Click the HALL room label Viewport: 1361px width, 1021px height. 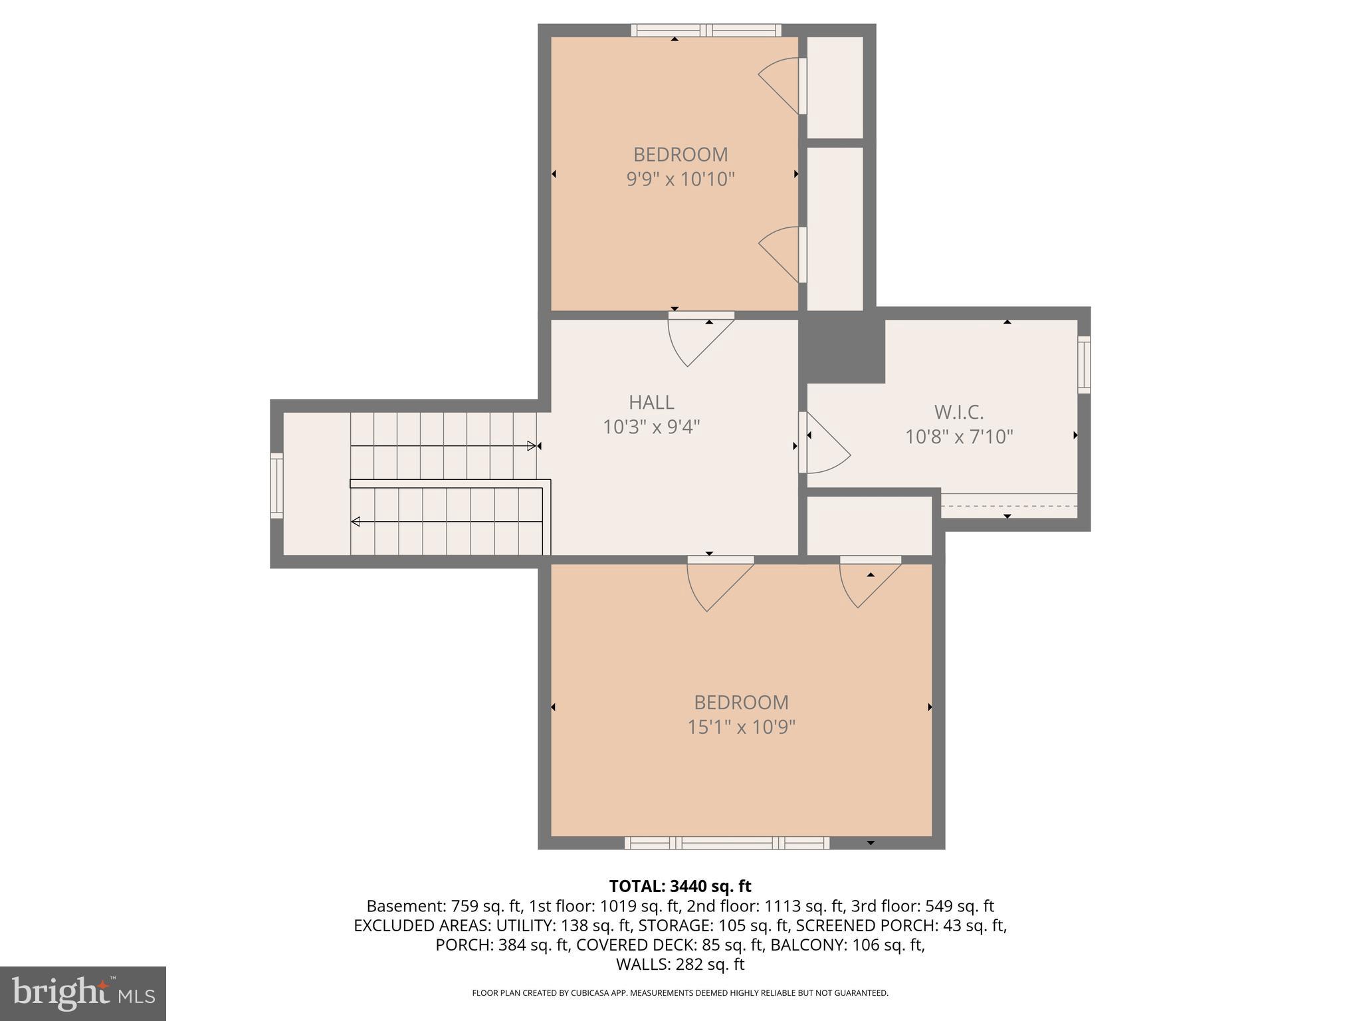tap(651, 402)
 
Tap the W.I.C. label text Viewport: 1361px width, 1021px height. tap(958, 412)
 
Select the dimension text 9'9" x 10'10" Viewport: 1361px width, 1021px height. tap(680, 179)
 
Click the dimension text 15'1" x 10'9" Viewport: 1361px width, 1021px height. tap(741, 727)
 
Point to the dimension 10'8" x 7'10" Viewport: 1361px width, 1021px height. tap(958, 437)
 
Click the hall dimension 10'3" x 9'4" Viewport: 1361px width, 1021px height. tap(651, 427)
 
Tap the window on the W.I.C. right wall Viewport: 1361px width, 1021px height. tap(1083, 365)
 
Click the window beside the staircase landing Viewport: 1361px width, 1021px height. tap(276, 485)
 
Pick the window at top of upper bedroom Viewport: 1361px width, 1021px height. tap(706, 30)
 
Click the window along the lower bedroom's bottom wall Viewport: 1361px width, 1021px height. tap(727, 843)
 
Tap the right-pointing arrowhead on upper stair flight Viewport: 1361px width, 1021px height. tap(532, 445)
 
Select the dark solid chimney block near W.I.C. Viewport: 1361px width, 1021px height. tap(842, 349)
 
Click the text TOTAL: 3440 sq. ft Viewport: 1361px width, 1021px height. tap(680, 886)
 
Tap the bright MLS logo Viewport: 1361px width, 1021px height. tap(82, 993)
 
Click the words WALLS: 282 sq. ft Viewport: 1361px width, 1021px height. tap(680, 964)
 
